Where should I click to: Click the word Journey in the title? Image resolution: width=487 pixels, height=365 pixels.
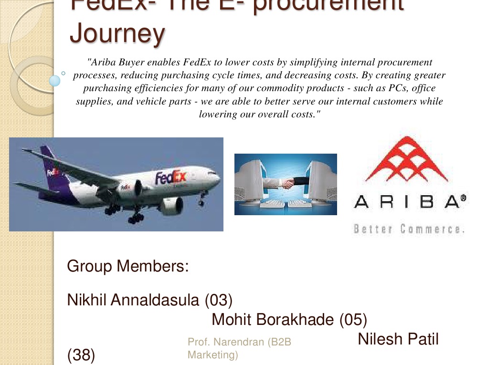[x=117, y=33]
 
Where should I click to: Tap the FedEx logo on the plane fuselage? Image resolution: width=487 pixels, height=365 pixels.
[x=170, y=177]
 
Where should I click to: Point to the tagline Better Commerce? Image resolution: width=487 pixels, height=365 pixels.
[x=409, y=229]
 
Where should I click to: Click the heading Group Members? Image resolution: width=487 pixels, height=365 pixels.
[x=128, y=266]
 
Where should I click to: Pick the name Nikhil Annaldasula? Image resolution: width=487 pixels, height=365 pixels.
[x=134, y=300]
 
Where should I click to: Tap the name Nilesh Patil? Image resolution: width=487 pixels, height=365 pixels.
[x=398, y=339]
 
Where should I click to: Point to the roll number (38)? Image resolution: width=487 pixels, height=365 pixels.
[x=81, y=355]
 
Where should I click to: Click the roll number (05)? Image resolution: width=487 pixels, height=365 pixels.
[x=353, y=319]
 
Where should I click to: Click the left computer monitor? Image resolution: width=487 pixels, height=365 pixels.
[x=251, y=179]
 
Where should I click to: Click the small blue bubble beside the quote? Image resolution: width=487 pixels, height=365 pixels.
[x=55, y=81]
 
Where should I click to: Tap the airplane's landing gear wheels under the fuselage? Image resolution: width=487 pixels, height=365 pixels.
[x=136, y=218]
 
